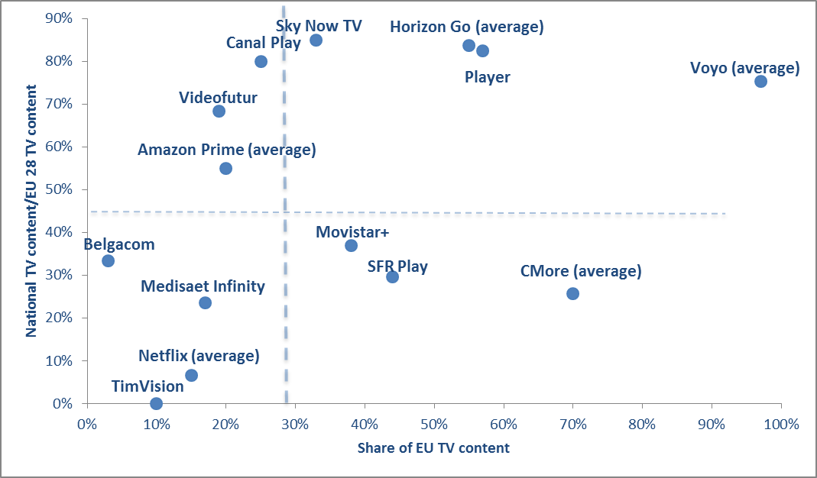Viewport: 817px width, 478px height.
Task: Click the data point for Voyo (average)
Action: pos(760,81)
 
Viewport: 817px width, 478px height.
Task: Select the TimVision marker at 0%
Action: pos(156,403)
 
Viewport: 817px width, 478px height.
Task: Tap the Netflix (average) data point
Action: pos(191,375)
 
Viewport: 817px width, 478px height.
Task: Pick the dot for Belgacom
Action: pos(108,260)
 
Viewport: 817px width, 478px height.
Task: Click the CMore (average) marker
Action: pos(572,293)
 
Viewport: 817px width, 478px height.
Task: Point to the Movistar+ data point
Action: pos(351,245)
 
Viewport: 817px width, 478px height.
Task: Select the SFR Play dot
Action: pos(392,276)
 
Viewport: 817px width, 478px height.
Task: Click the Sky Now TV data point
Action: pos(316,40)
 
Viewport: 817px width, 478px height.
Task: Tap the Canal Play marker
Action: pos(261,61)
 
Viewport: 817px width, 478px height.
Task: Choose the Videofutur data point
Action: pos(219,111)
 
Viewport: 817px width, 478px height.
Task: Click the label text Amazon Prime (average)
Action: pos(226,150)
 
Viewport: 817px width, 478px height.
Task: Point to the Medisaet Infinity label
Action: pos(203,286)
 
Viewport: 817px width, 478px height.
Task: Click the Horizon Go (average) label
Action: pos(466,27)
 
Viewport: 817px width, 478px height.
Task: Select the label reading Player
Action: pos(488,77)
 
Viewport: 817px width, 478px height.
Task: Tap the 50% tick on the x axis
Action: pos(434,423)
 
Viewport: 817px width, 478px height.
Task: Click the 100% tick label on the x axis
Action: pos(781,423)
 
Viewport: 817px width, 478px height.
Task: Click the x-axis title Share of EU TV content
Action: pos(433,447)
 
